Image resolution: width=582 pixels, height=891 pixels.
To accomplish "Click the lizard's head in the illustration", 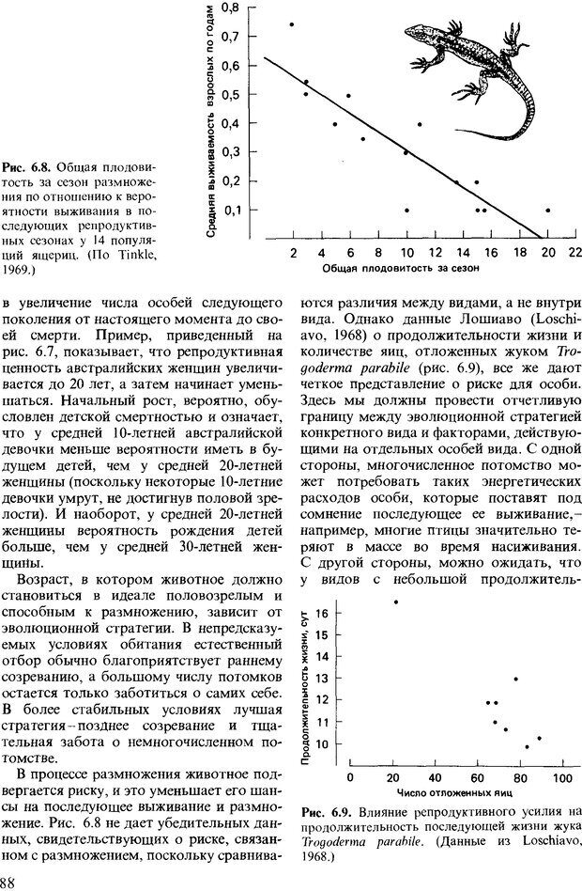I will coord(418,35).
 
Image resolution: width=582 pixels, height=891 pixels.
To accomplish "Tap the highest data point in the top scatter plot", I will coord(291,24).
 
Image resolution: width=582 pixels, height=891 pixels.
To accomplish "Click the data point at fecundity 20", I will coord(548,210).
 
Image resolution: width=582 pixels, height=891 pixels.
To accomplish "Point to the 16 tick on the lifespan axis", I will coord(322,613).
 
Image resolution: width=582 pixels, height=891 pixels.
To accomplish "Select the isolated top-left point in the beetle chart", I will coord(396,602).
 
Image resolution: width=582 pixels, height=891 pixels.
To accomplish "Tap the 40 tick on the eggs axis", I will coord(434,778).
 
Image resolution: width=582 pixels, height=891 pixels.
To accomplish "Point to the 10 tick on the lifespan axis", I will coord(322,743).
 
